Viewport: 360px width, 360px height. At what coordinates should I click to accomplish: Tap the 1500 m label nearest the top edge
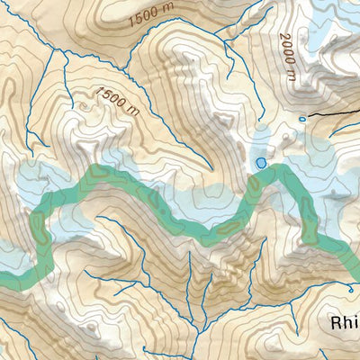[x=153, y=16]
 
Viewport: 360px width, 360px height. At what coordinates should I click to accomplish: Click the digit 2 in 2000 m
[x=282, y=38]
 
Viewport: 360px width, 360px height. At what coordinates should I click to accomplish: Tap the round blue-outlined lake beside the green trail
[x=261, y=163]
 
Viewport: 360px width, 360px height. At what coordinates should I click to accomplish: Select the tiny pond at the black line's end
[x=302, y=118]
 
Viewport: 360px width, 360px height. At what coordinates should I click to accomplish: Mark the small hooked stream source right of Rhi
[x=350, y=289]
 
